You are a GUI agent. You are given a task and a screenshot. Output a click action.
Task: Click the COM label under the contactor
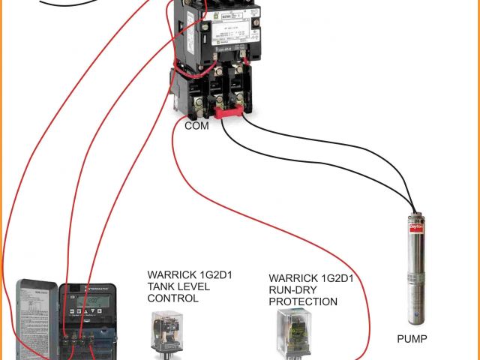pyautogui.click(x=196, y=126)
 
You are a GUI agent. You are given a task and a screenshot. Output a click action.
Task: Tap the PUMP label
pyautogui.click(x=412, y=339)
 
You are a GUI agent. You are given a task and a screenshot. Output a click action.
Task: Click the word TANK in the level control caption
pyautogui.click(x=161, y=286)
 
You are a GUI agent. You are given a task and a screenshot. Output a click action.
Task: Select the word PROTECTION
pyautogui.click(x=303, y=301)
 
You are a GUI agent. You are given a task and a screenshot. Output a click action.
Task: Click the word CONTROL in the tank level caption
pyautogui.click(x=173, y=298)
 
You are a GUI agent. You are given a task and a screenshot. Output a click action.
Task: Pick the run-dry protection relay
pyautogui.click(x=295, y=330)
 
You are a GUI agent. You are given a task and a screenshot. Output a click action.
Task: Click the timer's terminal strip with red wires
pyautogui.click(x=79, y=339)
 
